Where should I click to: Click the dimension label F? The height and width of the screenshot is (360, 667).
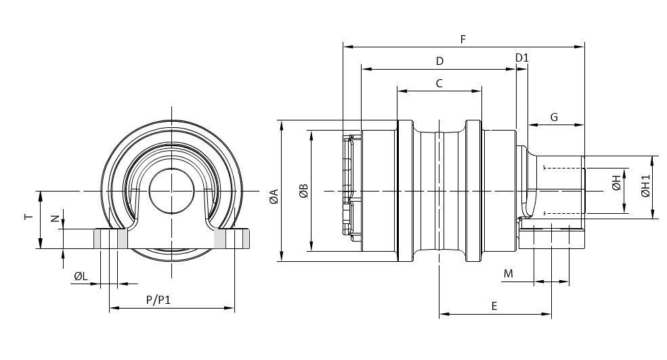click(x=463, y=39)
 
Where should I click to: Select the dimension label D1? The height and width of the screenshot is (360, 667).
click(x=522, y=58)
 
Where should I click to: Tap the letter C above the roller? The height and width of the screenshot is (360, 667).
click(x=439, y=83)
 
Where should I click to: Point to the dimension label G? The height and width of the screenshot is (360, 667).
click(x=554, y=117)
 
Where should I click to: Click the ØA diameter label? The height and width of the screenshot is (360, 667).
click(x=274, y=196)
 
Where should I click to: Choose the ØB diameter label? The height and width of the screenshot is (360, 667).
click(x=304, y=192)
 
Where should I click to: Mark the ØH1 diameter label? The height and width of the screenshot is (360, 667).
click(x=646, y=185)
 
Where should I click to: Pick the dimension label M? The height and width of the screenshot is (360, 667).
click(x=509, y=273)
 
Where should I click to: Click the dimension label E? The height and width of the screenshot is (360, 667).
click(x=494, y=306)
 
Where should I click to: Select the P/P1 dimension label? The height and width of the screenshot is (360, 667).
click(x=158, y=300)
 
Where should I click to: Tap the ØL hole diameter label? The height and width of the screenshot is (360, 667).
click(x=81, y=277)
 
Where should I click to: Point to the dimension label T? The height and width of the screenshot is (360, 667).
click(x=28, y=217)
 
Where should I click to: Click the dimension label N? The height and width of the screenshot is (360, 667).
click(x=55, y=219)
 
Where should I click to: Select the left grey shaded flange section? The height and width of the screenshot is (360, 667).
click(x=110, y=238)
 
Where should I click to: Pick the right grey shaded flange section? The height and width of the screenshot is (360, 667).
click(x=232, y=238)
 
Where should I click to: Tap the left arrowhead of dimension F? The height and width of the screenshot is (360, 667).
click(x=347, y=47)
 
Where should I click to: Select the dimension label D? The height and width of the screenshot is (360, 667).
click(x=440, y=61)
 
